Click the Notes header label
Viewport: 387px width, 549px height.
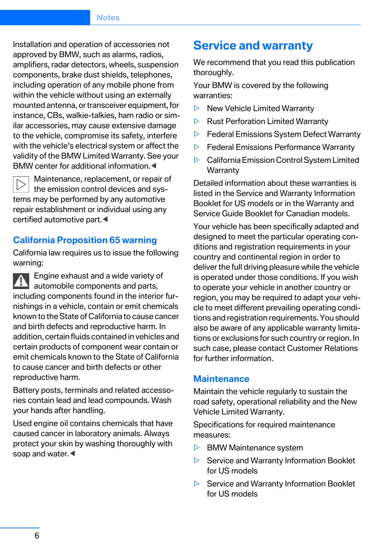(x=108, y=18)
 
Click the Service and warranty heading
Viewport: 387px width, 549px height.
(x=253, y=45)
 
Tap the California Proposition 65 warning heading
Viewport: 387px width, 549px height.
(x=85, y=240)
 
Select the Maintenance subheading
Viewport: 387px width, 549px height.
(x=221, y=379)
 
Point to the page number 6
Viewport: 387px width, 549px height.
(x=37, y=535)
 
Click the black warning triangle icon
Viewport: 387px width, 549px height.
(x=21, y=281)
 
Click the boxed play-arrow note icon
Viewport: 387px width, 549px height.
(x=21, y=184)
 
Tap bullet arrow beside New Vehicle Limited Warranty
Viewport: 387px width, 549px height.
(x=197, y=108)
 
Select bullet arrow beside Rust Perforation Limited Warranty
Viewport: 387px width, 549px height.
(x=197, y=121)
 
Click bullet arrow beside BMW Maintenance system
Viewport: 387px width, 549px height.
(x=197, y=447)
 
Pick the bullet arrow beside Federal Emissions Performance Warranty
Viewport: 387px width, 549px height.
(x=197, y=147)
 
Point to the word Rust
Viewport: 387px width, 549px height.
(x=215, y=121)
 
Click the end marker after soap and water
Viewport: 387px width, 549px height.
(x=73, y=453)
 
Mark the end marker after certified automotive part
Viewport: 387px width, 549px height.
(x=105, y=219)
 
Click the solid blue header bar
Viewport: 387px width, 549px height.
(x=45, y=18)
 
